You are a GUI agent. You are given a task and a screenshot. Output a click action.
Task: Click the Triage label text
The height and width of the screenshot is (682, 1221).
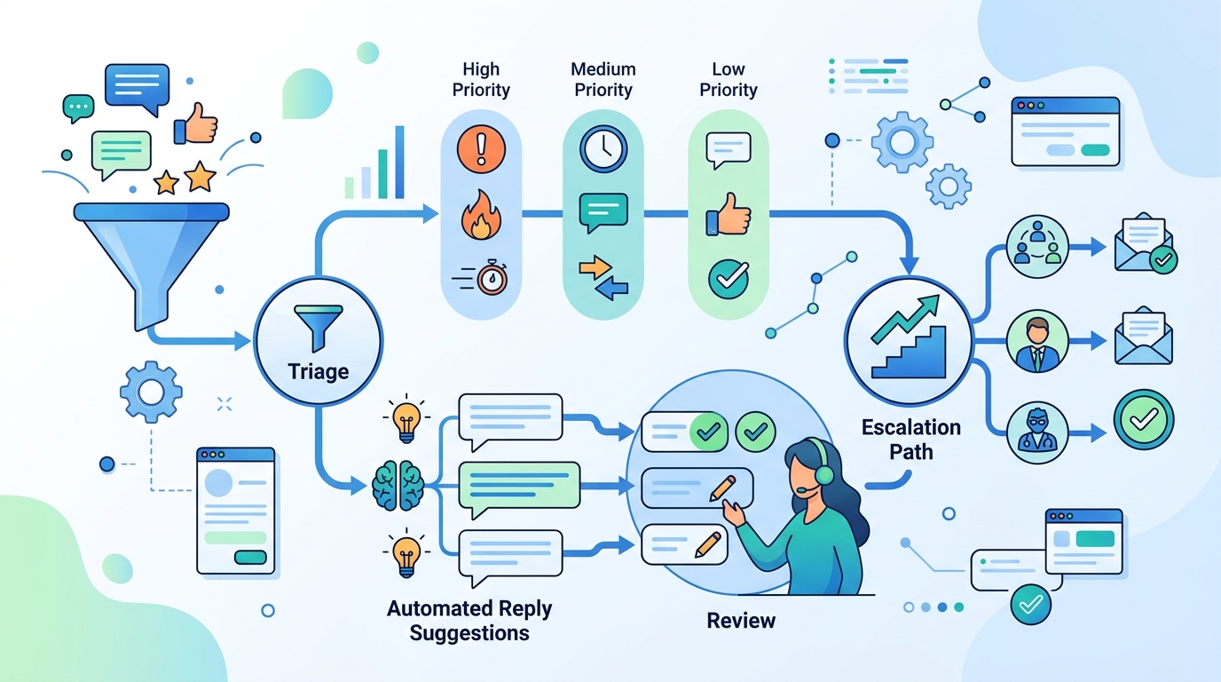(x=318, y=371)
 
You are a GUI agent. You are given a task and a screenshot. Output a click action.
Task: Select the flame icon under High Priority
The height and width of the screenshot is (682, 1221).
(x=480, y=215)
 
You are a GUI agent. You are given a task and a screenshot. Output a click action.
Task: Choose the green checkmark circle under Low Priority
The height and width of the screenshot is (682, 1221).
(x=729, y=278)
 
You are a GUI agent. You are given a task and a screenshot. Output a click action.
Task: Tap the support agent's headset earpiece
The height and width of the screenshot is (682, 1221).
(x=823, y=475)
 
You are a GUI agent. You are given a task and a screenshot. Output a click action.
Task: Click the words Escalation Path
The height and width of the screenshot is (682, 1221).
(x=910, y=439)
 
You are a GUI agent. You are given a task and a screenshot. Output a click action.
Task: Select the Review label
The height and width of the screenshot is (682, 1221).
(x=741, y=621)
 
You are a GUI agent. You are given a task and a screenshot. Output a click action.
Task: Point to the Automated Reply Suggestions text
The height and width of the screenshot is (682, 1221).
(x=469, y=621)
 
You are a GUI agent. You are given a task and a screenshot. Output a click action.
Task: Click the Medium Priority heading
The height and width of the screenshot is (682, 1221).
(x=603, y=79)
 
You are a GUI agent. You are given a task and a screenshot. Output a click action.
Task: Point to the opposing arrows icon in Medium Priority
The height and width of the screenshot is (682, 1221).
(x=603, y=276)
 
